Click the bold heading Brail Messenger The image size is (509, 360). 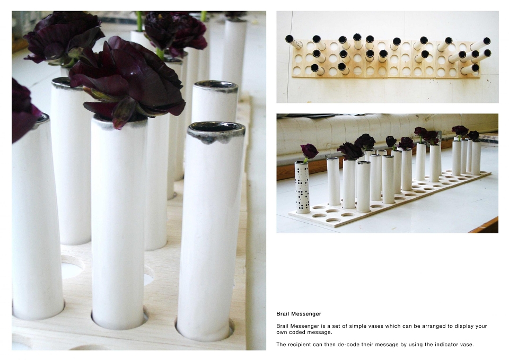tap(299, 314)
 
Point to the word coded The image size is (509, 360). tap(296, 332)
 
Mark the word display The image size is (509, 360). tap(463, 326)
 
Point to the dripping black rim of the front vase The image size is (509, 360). tap(216, 133)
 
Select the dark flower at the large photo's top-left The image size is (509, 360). tap(63, 38)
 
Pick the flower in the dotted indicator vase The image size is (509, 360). tap(309, 151)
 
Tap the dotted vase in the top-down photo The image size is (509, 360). tap(294, 42)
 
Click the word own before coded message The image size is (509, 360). tap(282, 332)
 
